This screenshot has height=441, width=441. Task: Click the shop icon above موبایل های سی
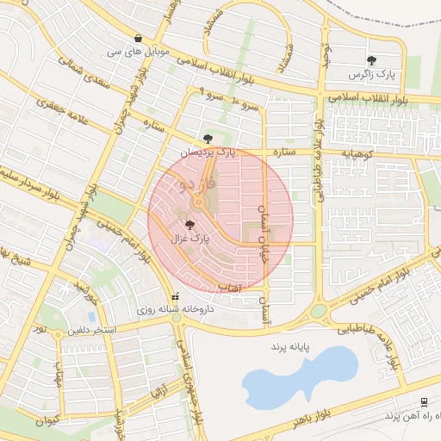(139, 38)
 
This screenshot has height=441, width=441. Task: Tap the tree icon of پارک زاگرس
(371, 60)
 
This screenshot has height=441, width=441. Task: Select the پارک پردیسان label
(208, 152)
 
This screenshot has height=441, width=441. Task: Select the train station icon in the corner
(424, 402)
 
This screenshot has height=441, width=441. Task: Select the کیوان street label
(47, 421)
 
